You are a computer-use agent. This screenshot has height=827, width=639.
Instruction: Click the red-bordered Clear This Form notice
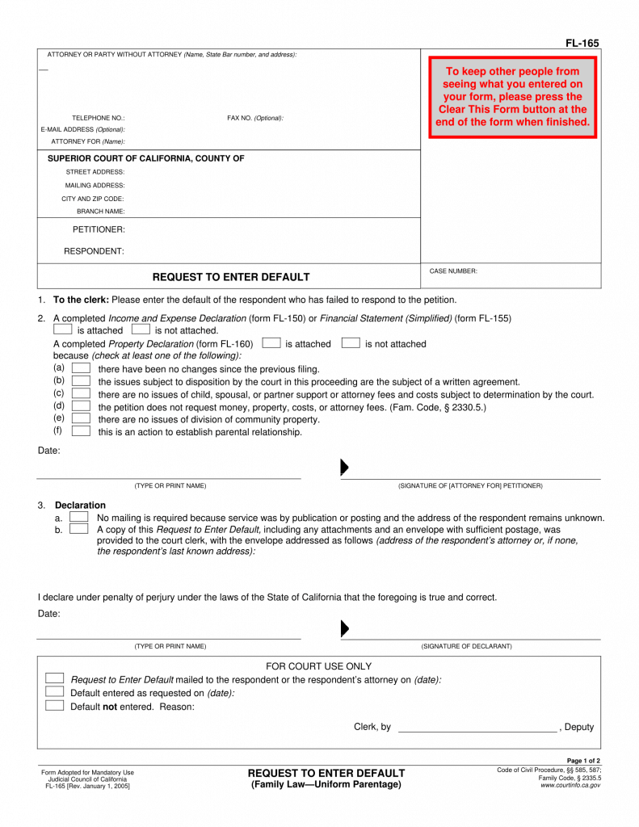click(x=512, y=97)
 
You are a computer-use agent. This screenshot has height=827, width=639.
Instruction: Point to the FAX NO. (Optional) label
click(x=255, y=118)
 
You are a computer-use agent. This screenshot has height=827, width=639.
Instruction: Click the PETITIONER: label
click(x=99, y=229)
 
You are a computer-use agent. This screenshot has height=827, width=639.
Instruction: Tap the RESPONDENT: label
click(x=95, y=251)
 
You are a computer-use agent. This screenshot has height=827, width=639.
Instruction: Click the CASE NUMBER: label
click(x=453, y=271)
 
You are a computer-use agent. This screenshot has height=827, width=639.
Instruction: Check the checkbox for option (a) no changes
click(x=81, y=368)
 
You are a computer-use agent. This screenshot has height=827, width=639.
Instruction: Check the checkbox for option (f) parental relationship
click(x=81, y=431)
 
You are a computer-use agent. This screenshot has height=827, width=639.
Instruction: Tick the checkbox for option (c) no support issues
click(x=81, y=393)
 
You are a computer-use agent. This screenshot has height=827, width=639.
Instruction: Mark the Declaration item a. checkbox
click(x=78, y=516)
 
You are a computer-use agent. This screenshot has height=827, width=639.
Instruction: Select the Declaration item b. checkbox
click(x=78, y=529)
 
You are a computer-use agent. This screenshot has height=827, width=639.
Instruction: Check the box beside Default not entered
click(x=54, y=705)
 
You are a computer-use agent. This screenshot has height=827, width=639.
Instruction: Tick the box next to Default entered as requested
click(x=54, y=691)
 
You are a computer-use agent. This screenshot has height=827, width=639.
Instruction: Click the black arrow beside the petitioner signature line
click(x=344, y=468)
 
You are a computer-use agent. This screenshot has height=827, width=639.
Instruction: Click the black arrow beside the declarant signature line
click(x=344, y=628)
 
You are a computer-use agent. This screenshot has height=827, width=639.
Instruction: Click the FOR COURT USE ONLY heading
click(x=319, y=666)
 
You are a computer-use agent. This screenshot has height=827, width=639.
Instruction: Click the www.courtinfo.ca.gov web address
click(x=570, y=785)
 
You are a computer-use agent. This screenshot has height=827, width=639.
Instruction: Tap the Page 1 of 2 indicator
click(x=583, y=761)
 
